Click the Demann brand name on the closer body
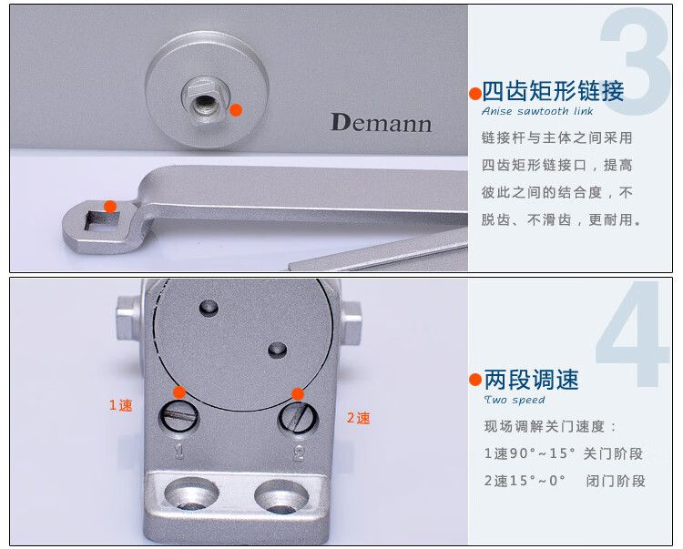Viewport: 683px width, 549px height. click(x=382, y=123)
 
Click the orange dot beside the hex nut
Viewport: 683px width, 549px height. click(x=236, y=110)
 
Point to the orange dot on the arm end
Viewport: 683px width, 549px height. click(x=110, y=207)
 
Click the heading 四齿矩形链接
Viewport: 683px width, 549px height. click(x=553, y=91)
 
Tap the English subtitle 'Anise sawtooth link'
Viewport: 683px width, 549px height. click(x=537, y=111)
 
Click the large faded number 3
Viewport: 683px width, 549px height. click(x=636, y=61)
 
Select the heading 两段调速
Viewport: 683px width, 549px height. click(x=532, y=380)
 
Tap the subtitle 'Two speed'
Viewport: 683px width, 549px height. click(x=515, y=400)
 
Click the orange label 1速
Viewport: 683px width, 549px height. click(x=120, y=405)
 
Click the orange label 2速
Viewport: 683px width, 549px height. click(x=359, y=418)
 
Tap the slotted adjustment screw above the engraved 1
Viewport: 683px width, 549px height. click(x=179, y=417)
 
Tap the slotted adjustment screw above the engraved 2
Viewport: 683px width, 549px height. click(x=299, y=418)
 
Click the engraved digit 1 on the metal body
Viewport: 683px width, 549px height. click(x=179, y=452)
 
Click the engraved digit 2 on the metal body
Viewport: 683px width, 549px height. click(x=299, y=453)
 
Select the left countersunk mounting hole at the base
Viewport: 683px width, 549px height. click(x=191, y=494)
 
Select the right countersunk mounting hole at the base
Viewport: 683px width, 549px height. click(x=281, y=496)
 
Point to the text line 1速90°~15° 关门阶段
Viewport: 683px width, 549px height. click(x=564, y=453)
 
